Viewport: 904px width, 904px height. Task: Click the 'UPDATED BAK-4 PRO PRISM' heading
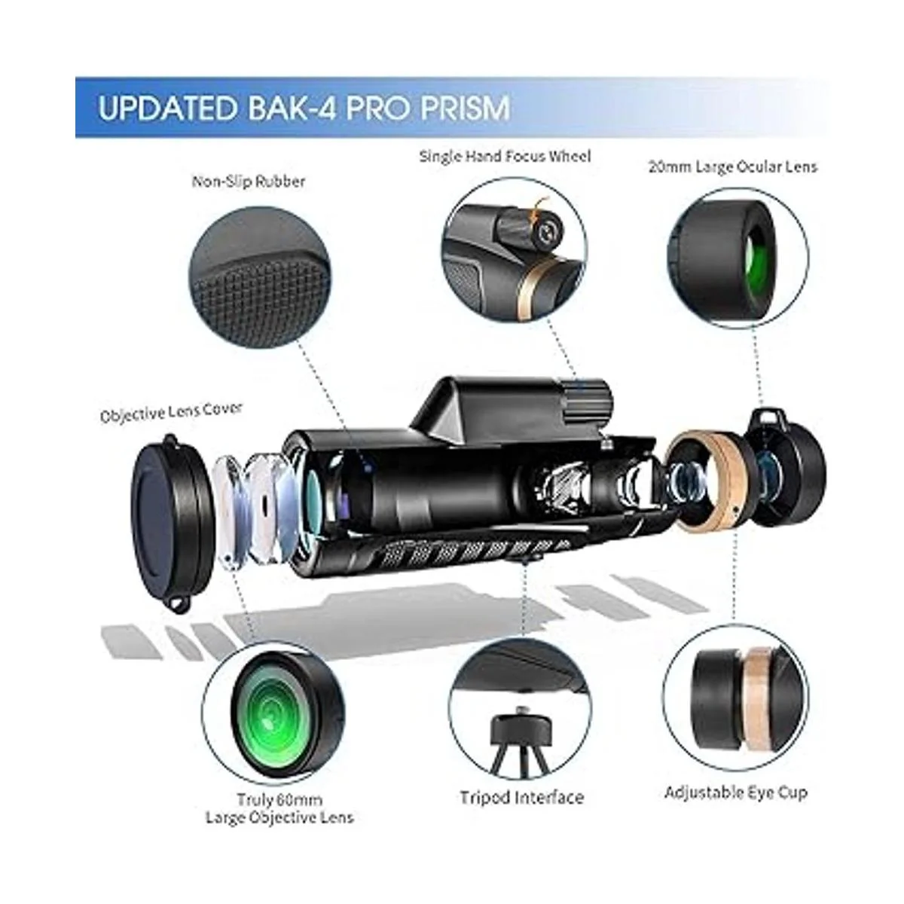click(304, 108)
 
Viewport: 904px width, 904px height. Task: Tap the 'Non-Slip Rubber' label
click(249, 182)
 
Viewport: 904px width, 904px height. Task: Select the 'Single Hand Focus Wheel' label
click(505, 156)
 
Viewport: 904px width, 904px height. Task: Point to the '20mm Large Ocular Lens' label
click(732, 166)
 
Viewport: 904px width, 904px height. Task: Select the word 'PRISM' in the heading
click(464, 108)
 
